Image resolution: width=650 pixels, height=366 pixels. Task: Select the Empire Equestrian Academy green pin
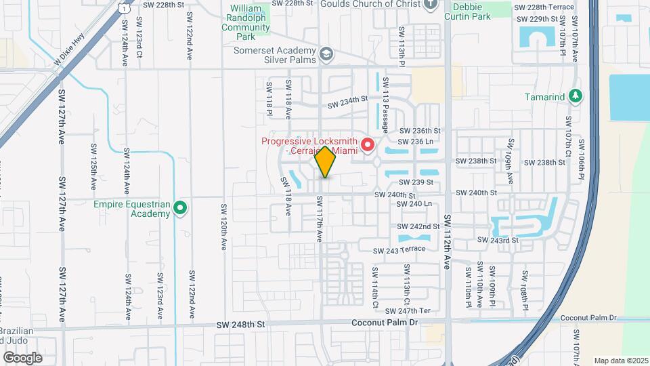[180, 207]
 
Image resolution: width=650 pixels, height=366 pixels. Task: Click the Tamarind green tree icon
[576, 96]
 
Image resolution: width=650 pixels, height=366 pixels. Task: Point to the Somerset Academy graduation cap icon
[326, 53]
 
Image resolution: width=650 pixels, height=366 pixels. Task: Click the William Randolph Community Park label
[245, 19]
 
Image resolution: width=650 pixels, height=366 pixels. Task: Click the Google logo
[22, 357]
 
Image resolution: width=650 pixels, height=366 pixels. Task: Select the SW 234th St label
[347, 102]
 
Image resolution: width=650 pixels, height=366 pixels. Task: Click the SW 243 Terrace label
[399, 249]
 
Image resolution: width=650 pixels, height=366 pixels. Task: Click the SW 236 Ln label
[416, 141]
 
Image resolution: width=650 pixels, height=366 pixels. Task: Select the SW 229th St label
[536, 19]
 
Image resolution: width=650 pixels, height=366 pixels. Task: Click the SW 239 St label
[416, 182]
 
